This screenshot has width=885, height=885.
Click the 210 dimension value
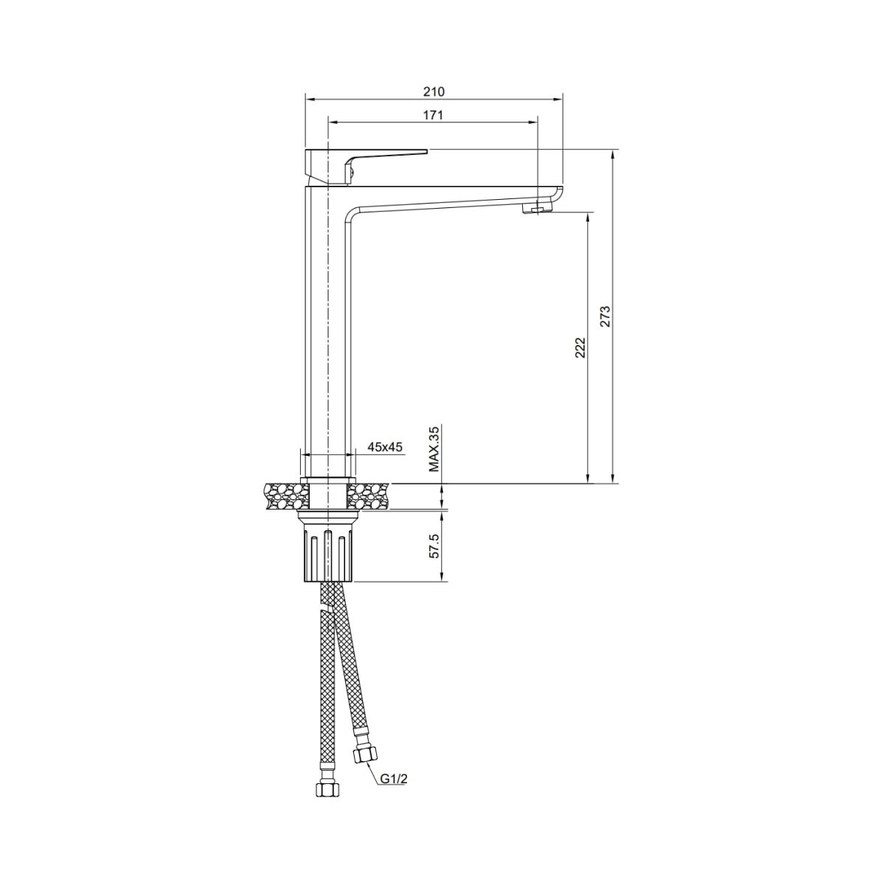coord(434,91)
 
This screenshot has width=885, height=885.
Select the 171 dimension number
coord(433,115)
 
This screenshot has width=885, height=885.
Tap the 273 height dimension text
coord(605,316)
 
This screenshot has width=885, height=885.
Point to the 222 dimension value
coord(580,347)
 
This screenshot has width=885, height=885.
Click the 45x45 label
coord(385,446)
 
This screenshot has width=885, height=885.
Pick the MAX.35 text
coord(434,450)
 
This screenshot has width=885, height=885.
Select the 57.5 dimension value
coord(434,546)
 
